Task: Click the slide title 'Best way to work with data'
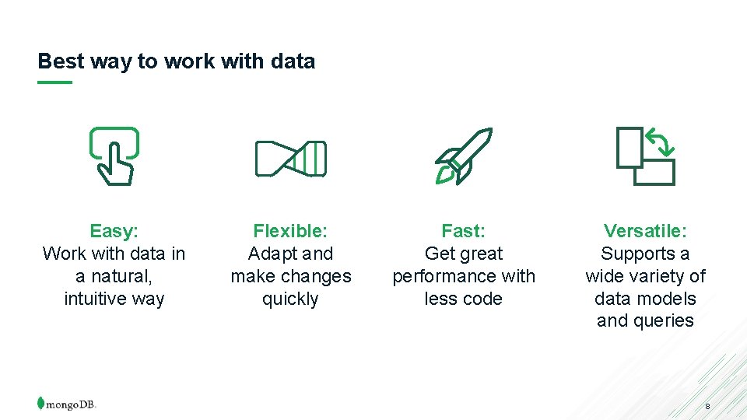[x=176, y=61]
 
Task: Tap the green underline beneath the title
[x=54, y=82]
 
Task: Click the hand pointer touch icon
[x=114, y=155]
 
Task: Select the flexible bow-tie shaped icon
[x=290, y=159]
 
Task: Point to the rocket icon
[x=463, y=156]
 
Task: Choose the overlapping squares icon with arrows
[x=645, y=156]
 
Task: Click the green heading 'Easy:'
[x=114, y=231]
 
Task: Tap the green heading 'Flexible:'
[x=290, y=231]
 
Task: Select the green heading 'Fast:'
[x=463, y=231]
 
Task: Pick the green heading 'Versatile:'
[x=645, y=231]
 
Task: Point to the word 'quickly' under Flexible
[x=290, y=299]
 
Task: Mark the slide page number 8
[x=707, y=407]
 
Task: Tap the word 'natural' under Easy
[x=117, y=276]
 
